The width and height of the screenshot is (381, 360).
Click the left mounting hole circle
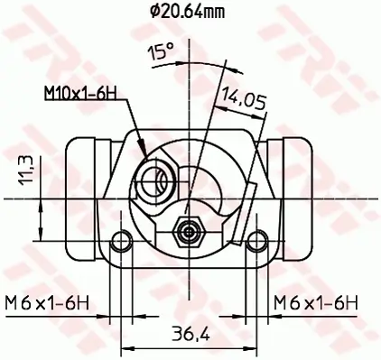119,241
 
